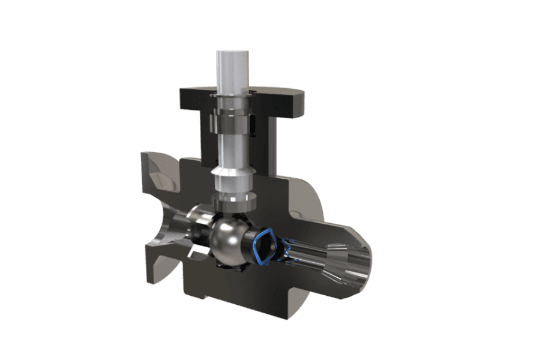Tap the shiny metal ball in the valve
click(227, 240)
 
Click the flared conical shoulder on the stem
click(231, 178)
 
